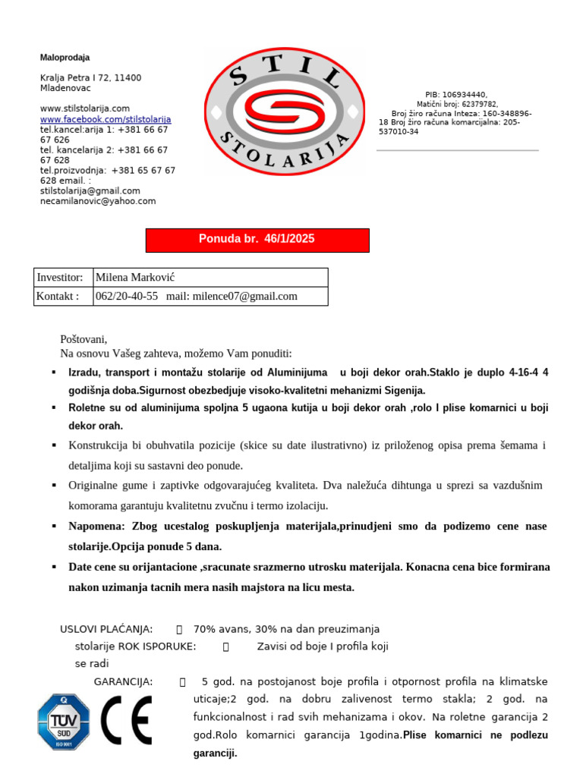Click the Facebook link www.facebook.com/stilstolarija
[106, 120]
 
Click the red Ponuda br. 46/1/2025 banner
[257, 240]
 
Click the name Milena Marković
[135, 278]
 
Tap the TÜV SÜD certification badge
[64, 722]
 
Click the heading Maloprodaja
[65, 58]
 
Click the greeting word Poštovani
[84, 339]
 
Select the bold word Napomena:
[96, 527]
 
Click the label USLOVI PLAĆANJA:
[106, 629]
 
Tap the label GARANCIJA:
[123, 682]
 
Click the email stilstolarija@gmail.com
[90, 191]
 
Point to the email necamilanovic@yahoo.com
[98, 201]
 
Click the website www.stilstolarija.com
[85, 109]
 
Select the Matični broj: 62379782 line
[457, 105]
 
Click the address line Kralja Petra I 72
[90, 78]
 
